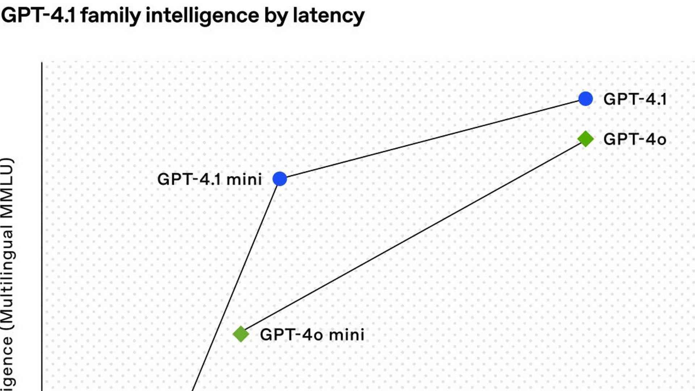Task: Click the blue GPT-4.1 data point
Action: click(x=585, y=98)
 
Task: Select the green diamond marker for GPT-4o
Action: click(x=585, y=139)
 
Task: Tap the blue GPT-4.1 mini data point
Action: click(x=279, y=179)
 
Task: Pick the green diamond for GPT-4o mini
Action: click(x=241, y=334)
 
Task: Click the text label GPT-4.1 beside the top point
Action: click(x=635, y=99)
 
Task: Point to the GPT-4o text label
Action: click(x=635, y=139)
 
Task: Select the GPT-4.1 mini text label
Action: click(x=209, y=179)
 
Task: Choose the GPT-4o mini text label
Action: click(x=312, y=335)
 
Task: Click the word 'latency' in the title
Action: click(x=328, y=16)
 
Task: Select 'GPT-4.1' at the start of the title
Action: click(x=38, y=16)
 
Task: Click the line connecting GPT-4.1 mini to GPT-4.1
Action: click(x=433, y=139)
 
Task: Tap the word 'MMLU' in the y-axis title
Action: click(x=7, y=188)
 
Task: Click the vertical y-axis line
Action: click(x=42, y=224)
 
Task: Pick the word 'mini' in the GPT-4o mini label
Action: click(x=346, y=335)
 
